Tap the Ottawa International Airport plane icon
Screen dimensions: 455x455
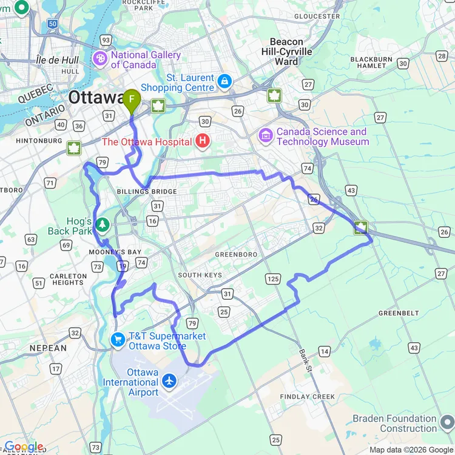point(169,382)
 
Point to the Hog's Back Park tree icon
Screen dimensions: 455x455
point(103,226)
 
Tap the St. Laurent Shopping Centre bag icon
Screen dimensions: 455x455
point(225,80)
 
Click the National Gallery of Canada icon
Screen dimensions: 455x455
point(99,59)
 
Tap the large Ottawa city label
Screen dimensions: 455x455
point(96,98)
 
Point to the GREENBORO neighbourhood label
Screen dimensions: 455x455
point(236,255)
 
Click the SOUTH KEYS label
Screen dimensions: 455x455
point(200,275)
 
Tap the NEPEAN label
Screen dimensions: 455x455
point(48,348)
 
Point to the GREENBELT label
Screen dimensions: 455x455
point(399,313)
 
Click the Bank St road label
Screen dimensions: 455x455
point(305,361)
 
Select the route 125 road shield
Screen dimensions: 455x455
point(272,279)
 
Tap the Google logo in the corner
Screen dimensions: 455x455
point(23,447)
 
